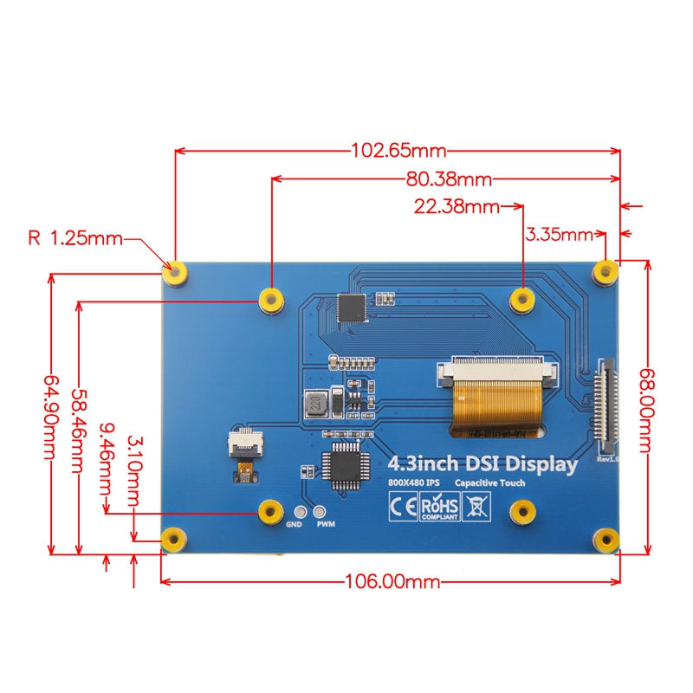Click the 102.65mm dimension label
398,151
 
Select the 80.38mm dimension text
449,179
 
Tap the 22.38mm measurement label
457,207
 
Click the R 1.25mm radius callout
75,237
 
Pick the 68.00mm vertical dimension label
644,410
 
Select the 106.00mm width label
392,581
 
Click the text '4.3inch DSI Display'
483,464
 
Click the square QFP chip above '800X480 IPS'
341,465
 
